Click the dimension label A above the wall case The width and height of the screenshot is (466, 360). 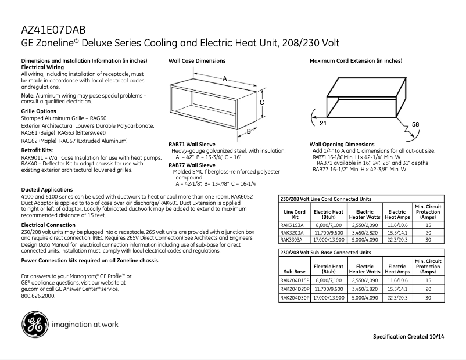(x=224, y=78)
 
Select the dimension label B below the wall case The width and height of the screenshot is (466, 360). (x=248, y=132)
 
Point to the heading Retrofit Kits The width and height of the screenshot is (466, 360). (x=37, y=150)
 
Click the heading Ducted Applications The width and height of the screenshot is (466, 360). (x=47, y=190)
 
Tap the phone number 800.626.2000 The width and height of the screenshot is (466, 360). (x=38, y=296)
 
